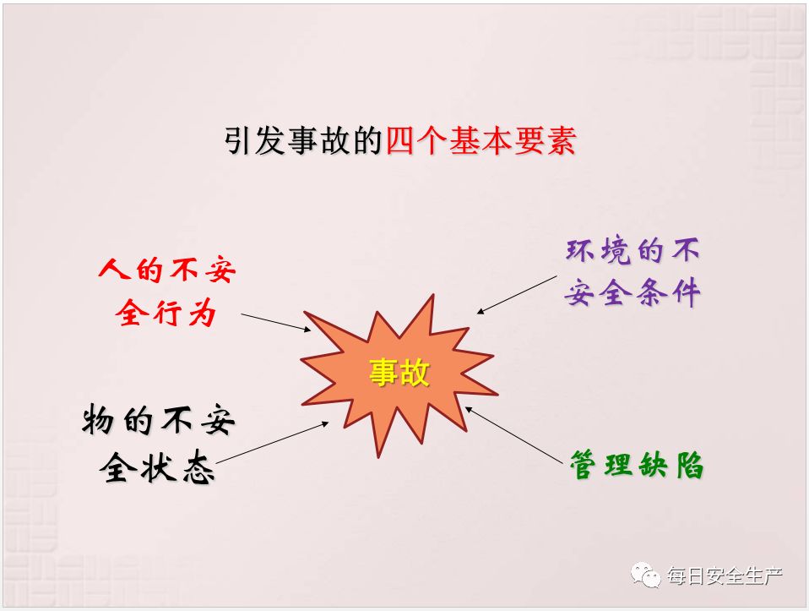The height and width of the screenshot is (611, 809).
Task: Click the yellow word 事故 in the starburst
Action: tap(399, 372)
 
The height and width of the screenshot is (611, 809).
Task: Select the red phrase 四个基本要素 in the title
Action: tap(481, 140)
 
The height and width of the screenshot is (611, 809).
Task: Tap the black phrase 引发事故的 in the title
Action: tap(303, 140)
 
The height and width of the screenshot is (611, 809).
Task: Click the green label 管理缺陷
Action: tap(637, 465)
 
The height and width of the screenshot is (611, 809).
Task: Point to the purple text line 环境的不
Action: tap(633, 251)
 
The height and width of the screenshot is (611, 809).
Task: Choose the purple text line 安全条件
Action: tap(633, 292)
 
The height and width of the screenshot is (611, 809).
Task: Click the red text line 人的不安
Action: tap(167, 269)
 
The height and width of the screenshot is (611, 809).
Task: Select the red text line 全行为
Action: tap(166, 313)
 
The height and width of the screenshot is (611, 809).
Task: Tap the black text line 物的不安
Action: tap(159, 420)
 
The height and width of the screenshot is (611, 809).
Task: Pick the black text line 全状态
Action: tap(157, 468)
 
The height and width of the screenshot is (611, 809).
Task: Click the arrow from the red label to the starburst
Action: tap(276, 322)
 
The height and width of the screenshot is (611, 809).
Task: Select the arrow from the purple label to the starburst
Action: tap(517, 294)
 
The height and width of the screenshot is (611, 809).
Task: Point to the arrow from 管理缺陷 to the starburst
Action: tap(514, 435)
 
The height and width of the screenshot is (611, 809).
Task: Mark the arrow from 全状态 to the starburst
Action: tap(272, 443)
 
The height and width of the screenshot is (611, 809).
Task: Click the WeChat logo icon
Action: tap(645, 575)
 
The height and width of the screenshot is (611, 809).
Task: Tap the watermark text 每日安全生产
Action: tap(725, 576)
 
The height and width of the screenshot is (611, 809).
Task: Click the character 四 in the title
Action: tap(401, 140)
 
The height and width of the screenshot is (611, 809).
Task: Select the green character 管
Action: tap(584, 465)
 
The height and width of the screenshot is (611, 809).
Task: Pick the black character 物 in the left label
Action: tap(98, 420)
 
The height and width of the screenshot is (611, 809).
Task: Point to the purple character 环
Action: tap(581, 251)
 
